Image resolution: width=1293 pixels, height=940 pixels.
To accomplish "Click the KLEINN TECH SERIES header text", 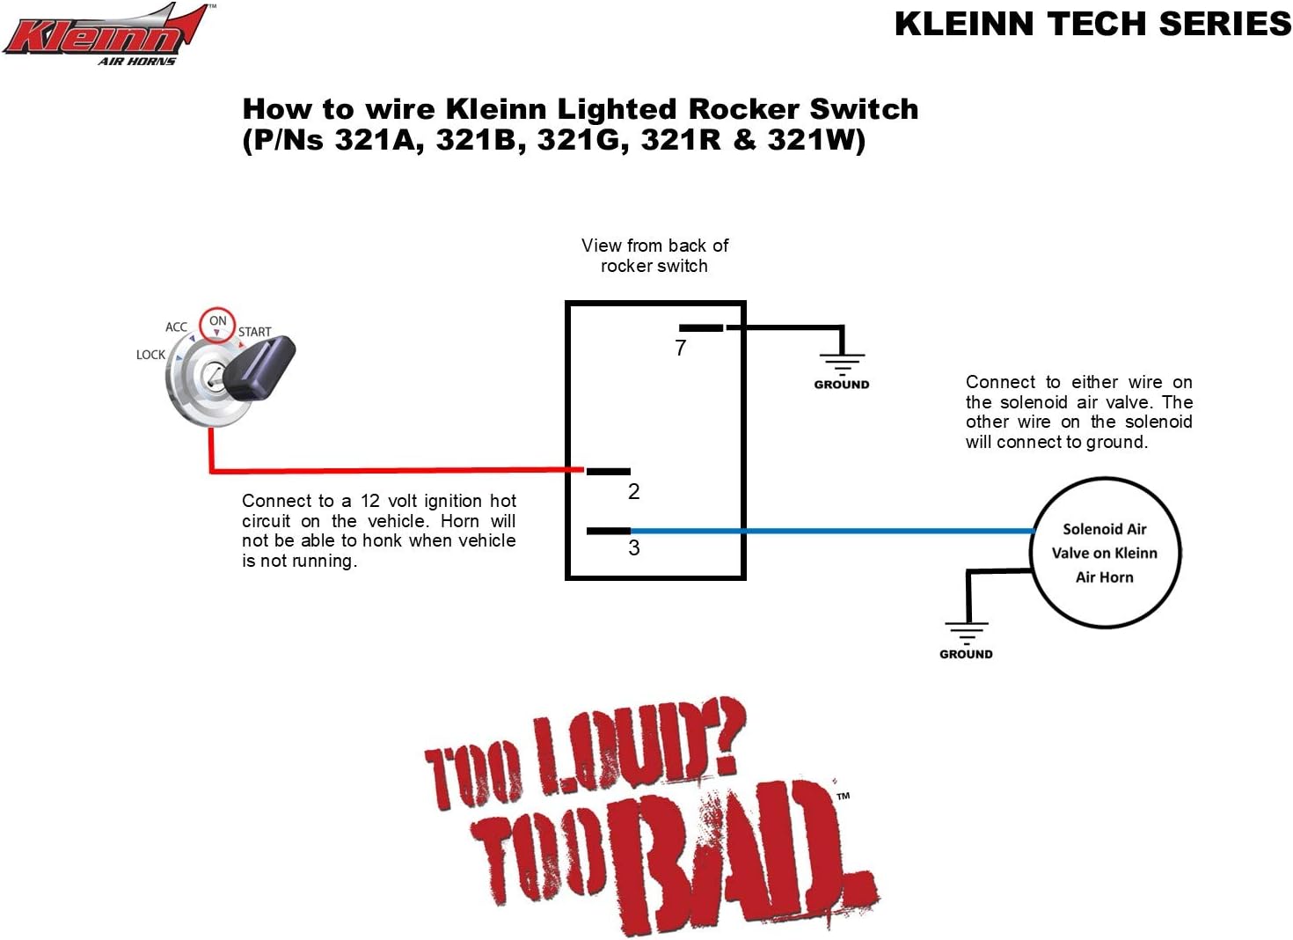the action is tap(1092, 24).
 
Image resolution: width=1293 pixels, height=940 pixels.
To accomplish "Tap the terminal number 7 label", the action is tap(680, 349).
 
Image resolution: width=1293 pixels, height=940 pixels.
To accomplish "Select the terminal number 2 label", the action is tap(633, 492).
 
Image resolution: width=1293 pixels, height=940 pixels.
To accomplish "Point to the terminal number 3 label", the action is tap(633, 548).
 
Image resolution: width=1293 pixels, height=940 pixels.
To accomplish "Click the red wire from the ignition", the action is tap(396, 471).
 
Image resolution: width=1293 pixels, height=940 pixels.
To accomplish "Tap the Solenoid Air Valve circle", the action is tap(1105, 553).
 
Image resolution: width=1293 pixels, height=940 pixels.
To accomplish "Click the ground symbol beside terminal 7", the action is tap(842, 361).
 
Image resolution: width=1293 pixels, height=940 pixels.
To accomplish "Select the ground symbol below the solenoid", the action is tap(966, 632).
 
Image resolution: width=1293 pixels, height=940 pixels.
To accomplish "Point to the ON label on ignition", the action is tap(217, 321).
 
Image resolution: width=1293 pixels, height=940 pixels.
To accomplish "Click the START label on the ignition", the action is tap(254, 333).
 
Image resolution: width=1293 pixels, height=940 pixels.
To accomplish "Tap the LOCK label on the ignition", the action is tap(150, 355).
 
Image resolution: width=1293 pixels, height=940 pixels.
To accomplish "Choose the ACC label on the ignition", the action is tap(176, 327).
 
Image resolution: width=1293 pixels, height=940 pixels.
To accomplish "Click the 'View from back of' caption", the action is tap(654, 246).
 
